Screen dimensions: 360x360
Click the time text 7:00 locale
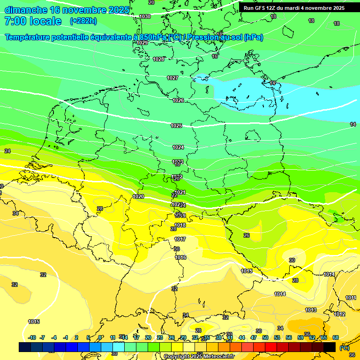tap(33, 21)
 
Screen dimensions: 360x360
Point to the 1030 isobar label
tap(145, 16)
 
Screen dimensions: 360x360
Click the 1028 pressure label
tap(159, 59)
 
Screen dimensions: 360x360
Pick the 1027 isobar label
tap(172, 78)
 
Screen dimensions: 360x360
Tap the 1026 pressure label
tap(178, 100)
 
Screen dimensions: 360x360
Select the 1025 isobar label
tap(176, 126)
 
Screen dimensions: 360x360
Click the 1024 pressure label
tap(178, 147)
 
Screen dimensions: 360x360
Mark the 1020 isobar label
tap(138, 196)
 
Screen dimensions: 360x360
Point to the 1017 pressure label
tap(180, 239)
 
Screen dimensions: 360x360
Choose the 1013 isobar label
tap(311, 310)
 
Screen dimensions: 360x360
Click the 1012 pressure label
tap(340, 314)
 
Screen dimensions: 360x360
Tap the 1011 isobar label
tap(351, 298)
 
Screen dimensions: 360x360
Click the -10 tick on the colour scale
tap(32, 337)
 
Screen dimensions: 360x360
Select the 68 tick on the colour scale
tap(336, 337)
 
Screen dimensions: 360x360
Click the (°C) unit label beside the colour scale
tap(345, 348)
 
